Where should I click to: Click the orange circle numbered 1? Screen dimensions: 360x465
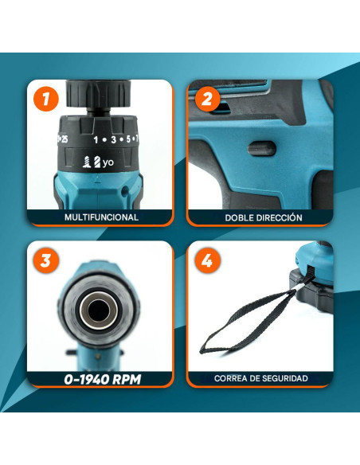(46, 99)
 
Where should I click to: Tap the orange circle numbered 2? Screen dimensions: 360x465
(207, 99)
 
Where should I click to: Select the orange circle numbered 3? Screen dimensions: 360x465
(46, 260)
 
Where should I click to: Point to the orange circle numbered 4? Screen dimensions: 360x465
(207, 260)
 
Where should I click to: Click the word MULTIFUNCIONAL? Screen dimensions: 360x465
(101, 217)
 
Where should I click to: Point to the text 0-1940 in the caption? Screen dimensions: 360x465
(84, 380)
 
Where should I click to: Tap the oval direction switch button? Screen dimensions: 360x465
(262, 149)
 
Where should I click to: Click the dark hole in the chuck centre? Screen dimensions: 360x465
(97, 311)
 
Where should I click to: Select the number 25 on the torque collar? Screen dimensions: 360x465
(64, 139)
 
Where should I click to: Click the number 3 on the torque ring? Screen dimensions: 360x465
(113, 139)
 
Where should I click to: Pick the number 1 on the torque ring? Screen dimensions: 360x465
(96, 139)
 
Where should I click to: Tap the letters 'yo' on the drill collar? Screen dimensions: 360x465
(108, 162)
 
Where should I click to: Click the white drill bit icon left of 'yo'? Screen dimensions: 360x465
(97, 162)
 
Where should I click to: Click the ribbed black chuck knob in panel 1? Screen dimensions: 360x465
(99, 93)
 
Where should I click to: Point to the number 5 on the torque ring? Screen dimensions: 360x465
(128, 139)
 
